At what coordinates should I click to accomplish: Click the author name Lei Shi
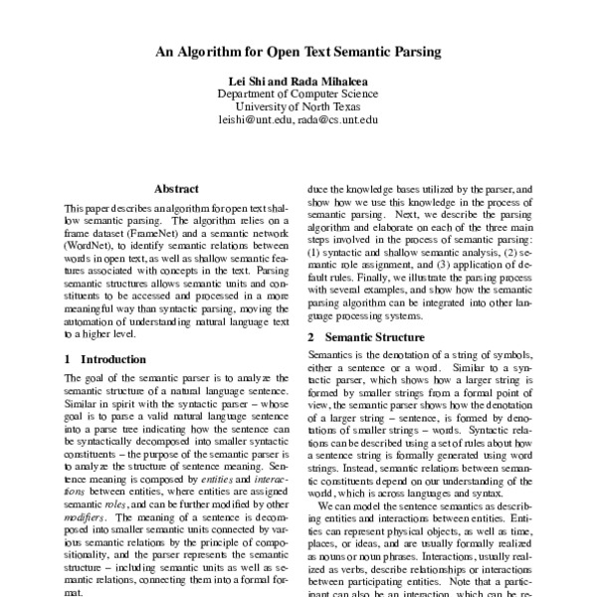click(x=247, y=81)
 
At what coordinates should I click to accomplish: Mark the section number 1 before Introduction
click(x=67, y=358)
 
